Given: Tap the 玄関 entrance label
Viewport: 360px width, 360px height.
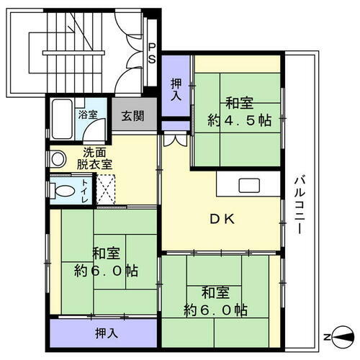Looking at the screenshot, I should (x=132, y=114).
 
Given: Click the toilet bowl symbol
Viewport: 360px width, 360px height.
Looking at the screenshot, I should (x=63, y=191).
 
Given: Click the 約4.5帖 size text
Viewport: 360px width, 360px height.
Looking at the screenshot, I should (x=240, y=120).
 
